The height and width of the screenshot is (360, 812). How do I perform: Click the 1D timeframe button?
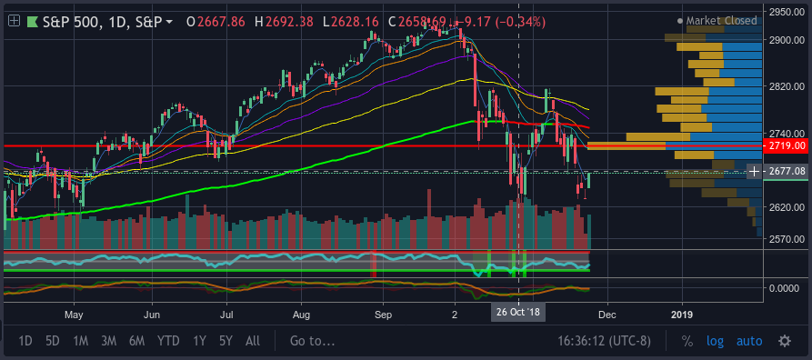click(25, 341)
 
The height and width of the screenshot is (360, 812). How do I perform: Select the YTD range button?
click(168, 341)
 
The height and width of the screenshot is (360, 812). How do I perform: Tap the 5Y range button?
click(226, 341)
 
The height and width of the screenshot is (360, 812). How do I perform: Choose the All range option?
click(253, 341)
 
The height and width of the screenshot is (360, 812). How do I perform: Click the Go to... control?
click(312, 341)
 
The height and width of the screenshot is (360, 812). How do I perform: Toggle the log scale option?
click(716, 341)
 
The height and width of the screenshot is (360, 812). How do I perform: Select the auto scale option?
click(749, 341)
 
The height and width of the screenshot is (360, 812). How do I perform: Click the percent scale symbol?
click(687, 341)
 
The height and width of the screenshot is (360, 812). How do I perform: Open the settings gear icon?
click(785, 341)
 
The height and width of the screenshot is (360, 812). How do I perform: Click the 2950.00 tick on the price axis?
click(787, 12)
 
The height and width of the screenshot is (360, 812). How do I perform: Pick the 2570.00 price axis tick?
click(787, 239)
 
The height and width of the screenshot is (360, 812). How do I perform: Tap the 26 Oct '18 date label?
click(518, 313)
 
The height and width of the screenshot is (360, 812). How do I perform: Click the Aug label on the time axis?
click(301, 315)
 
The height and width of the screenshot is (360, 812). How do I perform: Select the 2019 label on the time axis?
click(684, 315)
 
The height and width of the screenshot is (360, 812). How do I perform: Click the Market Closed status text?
click(721, 21)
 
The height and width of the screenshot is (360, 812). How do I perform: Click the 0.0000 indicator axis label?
click(787, 288)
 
